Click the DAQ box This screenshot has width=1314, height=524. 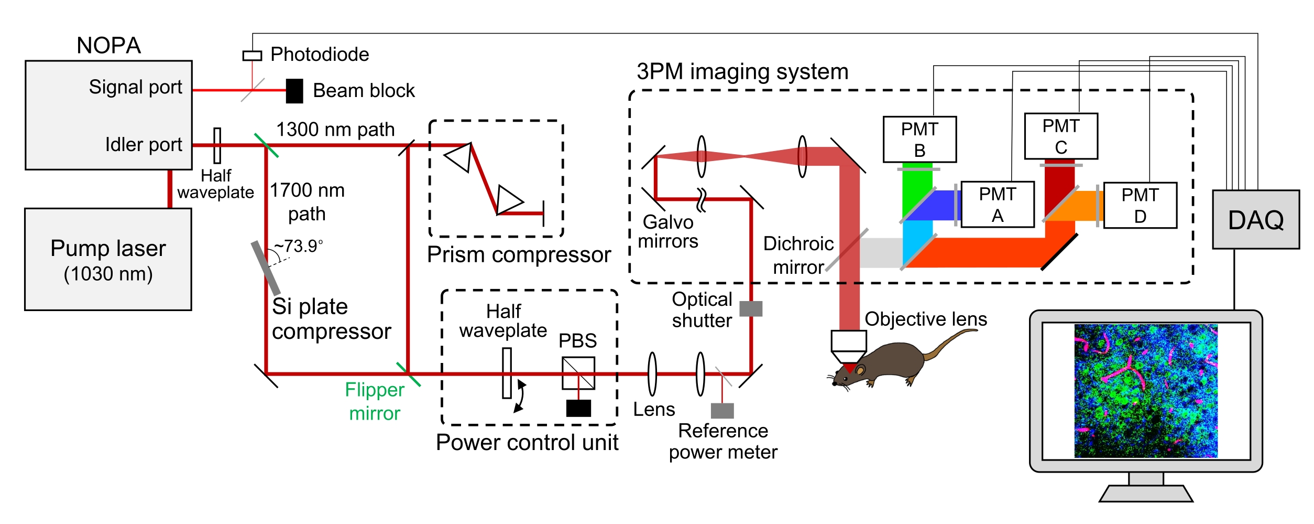pos(1256,219)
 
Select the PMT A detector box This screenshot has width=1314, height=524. pos(998,205)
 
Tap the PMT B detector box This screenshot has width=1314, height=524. pos(919,140)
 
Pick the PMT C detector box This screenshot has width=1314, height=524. pos(1061,136)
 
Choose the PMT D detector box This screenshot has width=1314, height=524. pos(1140,205)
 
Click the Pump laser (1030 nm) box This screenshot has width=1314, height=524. pos(108,260)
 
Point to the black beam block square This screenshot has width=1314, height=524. pos(294,91)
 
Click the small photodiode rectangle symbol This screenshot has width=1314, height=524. pos(252,56)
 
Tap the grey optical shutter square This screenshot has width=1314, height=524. pos(751,308)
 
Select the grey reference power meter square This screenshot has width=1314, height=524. pos(722,410)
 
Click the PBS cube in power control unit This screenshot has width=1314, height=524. pos(578,373)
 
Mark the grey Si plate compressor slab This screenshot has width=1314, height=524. pos(266,268)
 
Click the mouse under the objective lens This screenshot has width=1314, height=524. pos(885,365)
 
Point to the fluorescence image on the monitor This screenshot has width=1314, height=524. pos(1146,391)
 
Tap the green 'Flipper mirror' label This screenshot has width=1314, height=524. pos(375,401)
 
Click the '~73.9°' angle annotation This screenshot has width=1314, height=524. pos(299,246)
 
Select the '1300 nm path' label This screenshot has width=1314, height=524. pos(335,130)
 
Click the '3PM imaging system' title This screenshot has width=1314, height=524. pos(742,71)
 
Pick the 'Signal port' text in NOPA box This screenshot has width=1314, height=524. pos(135,87)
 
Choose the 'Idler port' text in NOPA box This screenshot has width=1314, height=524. pos(143,144)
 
